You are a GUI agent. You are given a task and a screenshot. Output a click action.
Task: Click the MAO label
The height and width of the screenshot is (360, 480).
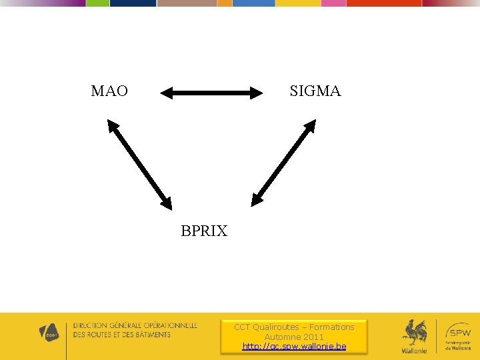point(109,91)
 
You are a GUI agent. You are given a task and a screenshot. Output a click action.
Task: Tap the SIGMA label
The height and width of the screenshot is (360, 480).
point(315,91)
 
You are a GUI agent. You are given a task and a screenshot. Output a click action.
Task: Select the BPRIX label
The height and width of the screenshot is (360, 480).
point(204,231)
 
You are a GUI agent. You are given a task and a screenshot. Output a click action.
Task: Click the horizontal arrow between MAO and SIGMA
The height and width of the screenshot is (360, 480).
point(212,93)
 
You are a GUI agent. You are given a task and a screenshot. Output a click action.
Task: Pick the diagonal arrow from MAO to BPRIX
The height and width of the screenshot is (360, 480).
point(140,164)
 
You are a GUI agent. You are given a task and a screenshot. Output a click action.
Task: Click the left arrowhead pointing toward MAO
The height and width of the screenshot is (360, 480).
point(167,93)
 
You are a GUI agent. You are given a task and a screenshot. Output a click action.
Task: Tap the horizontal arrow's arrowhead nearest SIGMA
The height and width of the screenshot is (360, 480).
point(257,93)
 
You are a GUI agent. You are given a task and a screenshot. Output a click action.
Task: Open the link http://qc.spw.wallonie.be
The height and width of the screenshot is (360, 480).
point(294,347)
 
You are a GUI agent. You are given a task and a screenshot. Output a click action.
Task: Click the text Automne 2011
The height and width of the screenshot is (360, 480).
point(294,337)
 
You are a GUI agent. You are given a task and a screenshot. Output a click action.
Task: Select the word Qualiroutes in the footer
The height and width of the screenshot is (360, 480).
point(276,327)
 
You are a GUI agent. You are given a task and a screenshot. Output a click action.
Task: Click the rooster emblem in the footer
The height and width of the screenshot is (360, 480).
point(415,332)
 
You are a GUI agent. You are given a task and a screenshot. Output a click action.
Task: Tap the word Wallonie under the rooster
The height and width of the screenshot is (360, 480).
point(414,351)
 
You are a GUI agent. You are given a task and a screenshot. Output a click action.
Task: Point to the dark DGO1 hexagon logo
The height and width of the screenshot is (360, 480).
point(49,333)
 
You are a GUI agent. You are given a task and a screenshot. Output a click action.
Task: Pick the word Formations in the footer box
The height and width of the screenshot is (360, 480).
point(331,327)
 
